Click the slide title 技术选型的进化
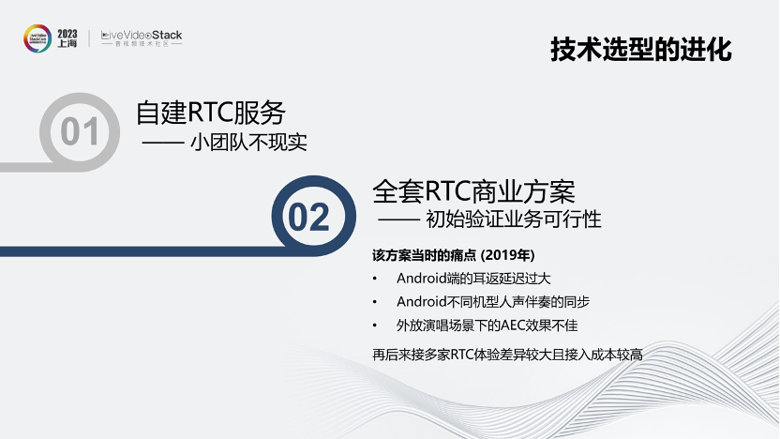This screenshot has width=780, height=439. (x=640, y=50)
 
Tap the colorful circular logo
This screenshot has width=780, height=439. (x=37, y=38)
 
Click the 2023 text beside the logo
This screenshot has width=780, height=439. (x=67, y=34)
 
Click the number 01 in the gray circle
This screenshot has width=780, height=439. (x=80, y=132)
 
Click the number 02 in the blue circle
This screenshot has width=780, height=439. (x=309, y=217)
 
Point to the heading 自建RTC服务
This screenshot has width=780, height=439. (x=211, y=113)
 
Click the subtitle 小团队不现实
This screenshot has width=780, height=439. (x=248, y=143)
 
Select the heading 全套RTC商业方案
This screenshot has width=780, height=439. (x=473, y=191)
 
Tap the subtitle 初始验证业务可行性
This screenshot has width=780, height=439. (x=514, y=219)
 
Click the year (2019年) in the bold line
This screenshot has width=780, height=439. (x=507, y=255)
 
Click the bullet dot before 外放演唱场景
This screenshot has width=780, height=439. (x=375, y=326)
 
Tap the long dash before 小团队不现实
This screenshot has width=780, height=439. (x=163, y=144)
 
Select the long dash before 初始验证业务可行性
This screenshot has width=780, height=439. (x=398, y=219)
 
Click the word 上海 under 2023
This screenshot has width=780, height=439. (x=67, y=44)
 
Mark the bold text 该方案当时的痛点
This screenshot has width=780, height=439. (x=425, y=255)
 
